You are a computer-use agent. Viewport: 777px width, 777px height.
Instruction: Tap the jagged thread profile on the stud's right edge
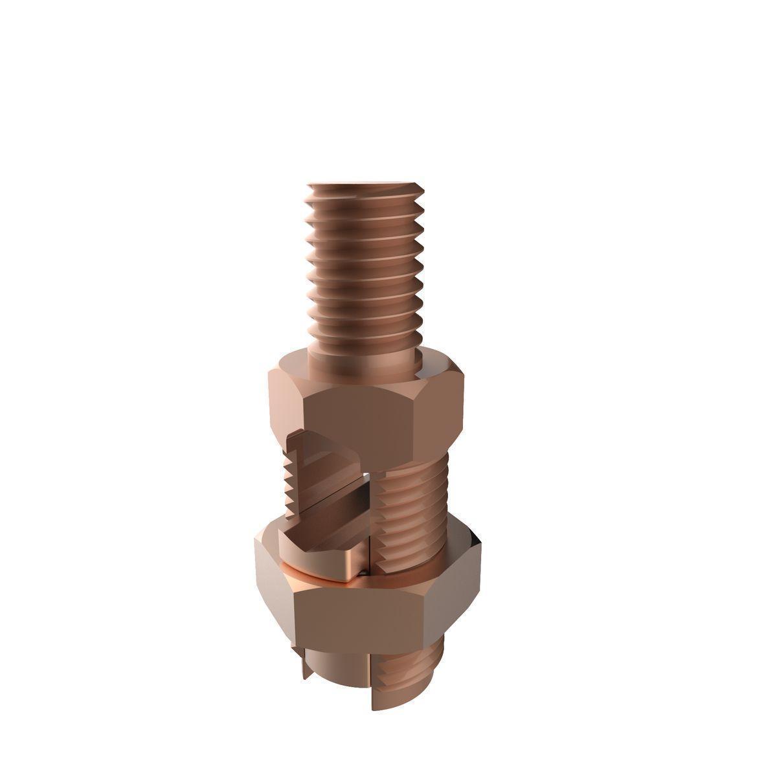pyautogui.click(x=424, y=259)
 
